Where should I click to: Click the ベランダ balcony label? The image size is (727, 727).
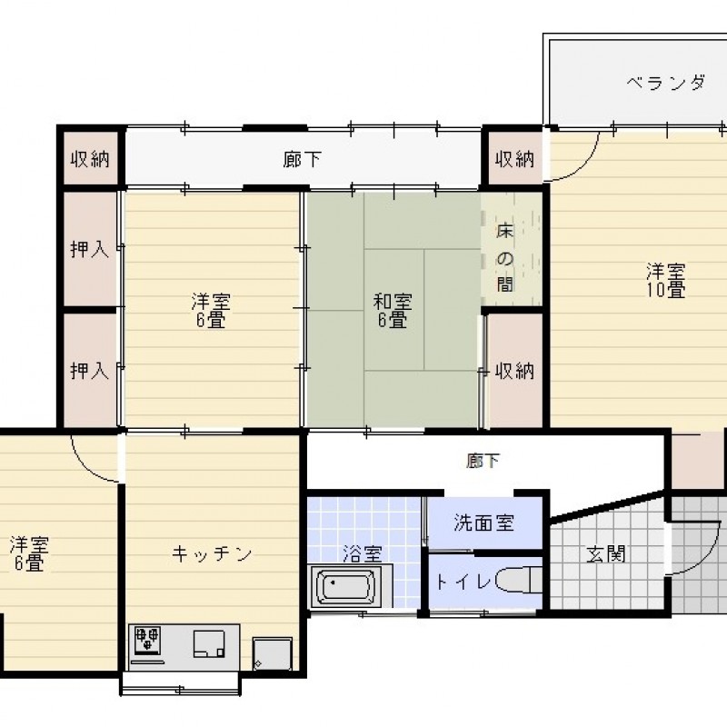point(666,84)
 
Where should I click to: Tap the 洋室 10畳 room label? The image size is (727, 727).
point(666,281)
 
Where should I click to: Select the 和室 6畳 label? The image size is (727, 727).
point(393,311)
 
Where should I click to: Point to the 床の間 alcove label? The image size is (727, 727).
point(505,258)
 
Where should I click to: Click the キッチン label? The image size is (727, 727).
point(212,553)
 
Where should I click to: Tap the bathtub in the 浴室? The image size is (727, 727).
point(345,586)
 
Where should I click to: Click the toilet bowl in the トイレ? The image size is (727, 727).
point(518,580)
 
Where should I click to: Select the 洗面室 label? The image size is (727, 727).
point(483,523)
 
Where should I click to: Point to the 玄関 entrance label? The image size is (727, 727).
point(606,554)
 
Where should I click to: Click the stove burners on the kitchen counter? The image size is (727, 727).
point(147,639)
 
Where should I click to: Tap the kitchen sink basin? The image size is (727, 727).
point(209,643)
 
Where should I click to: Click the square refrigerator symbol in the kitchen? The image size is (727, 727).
point(272,653)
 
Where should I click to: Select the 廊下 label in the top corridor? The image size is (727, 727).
point(302,160)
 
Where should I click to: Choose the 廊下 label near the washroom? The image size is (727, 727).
point(483,461)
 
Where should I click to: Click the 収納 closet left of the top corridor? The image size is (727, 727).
point(90,159)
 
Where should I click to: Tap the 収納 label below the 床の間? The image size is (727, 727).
point(514,371)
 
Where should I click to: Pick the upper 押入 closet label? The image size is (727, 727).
point(89,249)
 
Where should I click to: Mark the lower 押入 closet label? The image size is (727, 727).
point(89,371)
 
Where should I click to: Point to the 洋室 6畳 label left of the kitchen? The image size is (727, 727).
point(29,553)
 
